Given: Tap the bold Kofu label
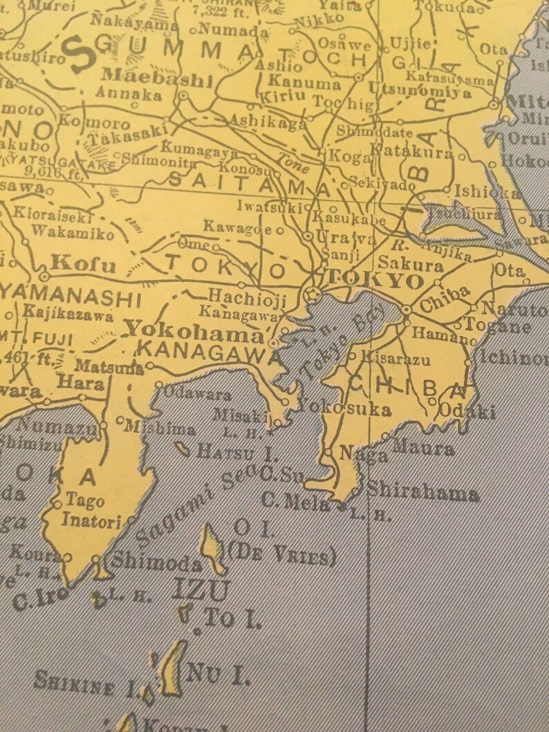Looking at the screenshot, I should coord(73,264).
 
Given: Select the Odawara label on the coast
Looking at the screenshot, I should coord(198,395).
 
